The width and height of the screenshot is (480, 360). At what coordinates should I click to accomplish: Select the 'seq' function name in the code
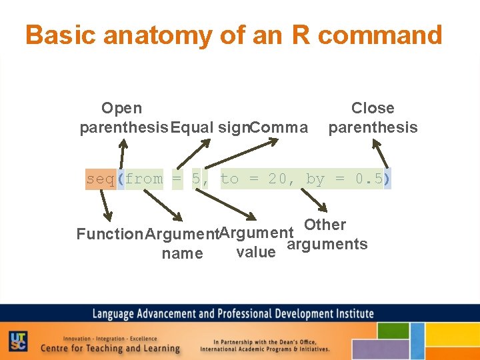(x=100, y=179)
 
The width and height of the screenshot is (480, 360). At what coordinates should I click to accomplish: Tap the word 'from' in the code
(x=143, y=179)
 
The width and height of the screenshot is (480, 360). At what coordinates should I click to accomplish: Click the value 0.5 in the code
(x=369, y=179)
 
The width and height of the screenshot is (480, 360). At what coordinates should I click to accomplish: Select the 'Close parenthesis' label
(x=373, y=117)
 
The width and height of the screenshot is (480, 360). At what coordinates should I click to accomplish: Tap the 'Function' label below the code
(x=109, y=234)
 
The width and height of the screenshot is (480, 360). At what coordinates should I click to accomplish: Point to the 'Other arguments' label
(x=327, y=234)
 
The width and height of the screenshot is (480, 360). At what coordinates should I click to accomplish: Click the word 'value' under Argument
(x=256, y=252)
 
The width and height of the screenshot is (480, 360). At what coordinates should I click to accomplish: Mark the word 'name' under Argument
(x=182, y=253)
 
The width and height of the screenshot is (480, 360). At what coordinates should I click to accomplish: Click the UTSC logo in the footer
(x=18, y=341)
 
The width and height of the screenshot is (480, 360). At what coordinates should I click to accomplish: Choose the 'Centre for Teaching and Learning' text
(x=110, y=348)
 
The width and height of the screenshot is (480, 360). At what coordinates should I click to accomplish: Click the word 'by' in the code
(x=315, y=179)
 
